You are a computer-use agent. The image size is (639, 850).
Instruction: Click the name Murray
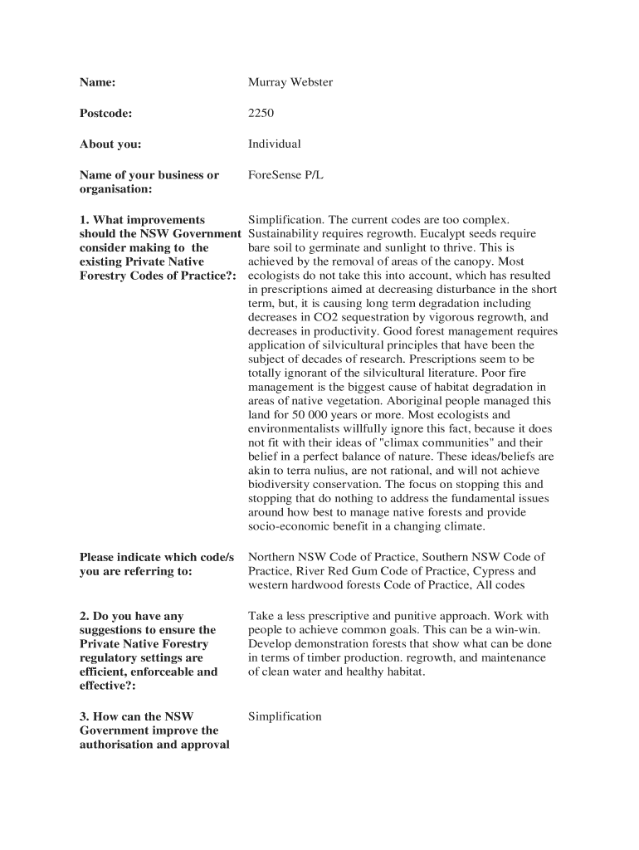click(x=267, y=82)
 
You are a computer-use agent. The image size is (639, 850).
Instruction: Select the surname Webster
click(x=311, y=82)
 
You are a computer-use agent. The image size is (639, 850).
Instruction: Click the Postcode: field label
click(x=105, y=113)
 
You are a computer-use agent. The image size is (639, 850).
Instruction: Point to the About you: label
click(x=110, y=144)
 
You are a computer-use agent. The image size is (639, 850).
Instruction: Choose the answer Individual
click(x=274, y=144)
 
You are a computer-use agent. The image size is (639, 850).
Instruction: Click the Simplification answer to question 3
click(x=285, y=716)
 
